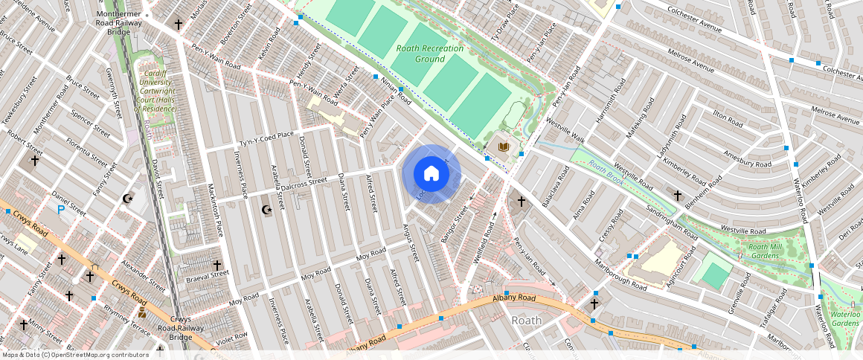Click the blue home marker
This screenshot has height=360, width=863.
[431, 174]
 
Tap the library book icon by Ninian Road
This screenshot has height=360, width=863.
[504, 147]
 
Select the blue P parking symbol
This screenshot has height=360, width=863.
[61, 210]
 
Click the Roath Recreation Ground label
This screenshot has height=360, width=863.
[430, 54]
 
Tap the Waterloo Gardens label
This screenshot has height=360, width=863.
[845, 318]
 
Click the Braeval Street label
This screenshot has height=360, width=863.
[208, 275]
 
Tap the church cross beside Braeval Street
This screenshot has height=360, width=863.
[217, 265]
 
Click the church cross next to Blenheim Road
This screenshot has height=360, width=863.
[677, 195]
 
